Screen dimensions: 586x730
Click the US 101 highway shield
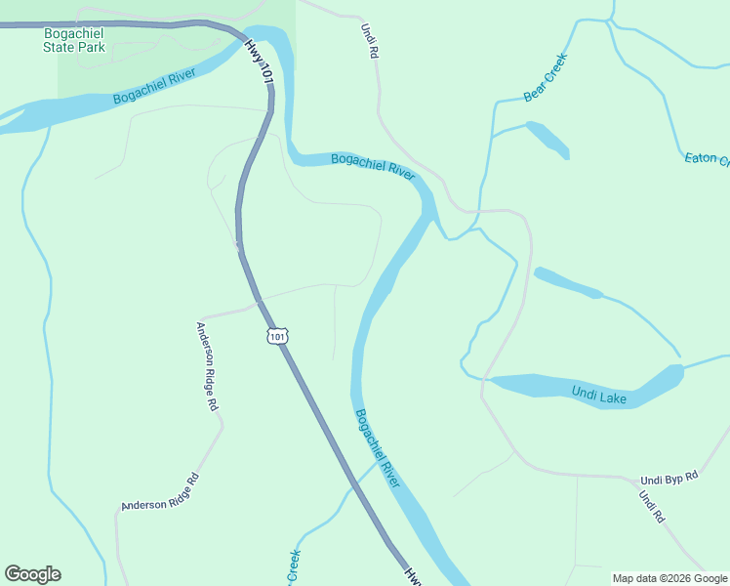point(278,337)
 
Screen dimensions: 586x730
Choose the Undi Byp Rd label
point(670,479)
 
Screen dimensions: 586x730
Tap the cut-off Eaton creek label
point(707,158)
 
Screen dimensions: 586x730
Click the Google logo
point(32,574)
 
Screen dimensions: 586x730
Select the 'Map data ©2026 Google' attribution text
point(669,578)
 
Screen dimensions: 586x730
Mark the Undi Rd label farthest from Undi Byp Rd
point(368,42)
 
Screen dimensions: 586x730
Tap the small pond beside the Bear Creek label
point(548,139)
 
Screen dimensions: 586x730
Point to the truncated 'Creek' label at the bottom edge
point(292,567)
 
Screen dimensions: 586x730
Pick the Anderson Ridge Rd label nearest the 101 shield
point(208,366)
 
